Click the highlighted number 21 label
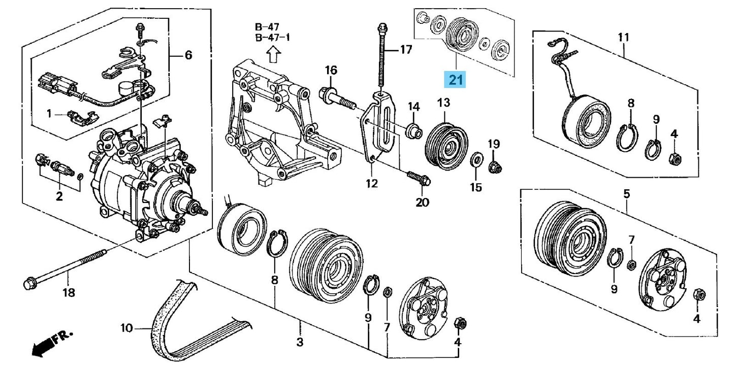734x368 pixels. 455,80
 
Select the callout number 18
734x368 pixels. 69,292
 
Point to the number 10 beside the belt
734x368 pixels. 126,328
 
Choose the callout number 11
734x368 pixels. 623,37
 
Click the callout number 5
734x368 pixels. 626,194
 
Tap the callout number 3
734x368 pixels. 300,342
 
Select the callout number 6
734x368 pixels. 188,55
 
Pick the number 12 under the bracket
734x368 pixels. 372,183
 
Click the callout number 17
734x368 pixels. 405,50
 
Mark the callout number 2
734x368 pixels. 59,196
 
